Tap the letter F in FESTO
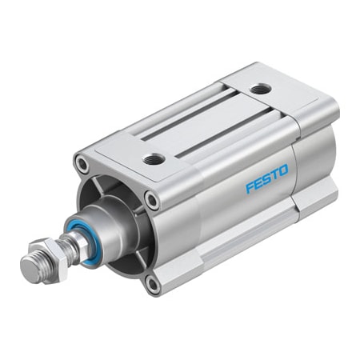coord(250,189)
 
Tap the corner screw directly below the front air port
coord(150,200)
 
